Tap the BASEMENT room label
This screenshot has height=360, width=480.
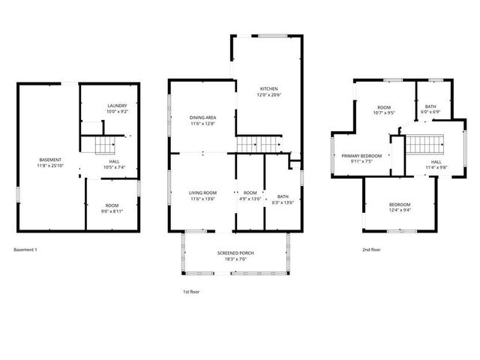point(51,159)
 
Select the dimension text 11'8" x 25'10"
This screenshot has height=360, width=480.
point(51,165)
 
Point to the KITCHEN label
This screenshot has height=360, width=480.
point(268,88)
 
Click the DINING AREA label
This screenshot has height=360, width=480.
point(202,118)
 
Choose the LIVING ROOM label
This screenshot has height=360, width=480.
point(202,193)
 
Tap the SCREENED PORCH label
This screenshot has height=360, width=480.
point(235,253)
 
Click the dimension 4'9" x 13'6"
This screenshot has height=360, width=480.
point(250,199)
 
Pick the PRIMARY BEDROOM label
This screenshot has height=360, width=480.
point(361,155)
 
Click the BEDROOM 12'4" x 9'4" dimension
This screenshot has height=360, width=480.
point(399,211)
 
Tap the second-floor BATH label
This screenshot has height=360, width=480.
point(430,106)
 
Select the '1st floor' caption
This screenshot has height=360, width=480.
point(191,291)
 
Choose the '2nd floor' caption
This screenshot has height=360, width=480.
point(371,249)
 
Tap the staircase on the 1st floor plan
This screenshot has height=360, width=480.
point(259,142)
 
